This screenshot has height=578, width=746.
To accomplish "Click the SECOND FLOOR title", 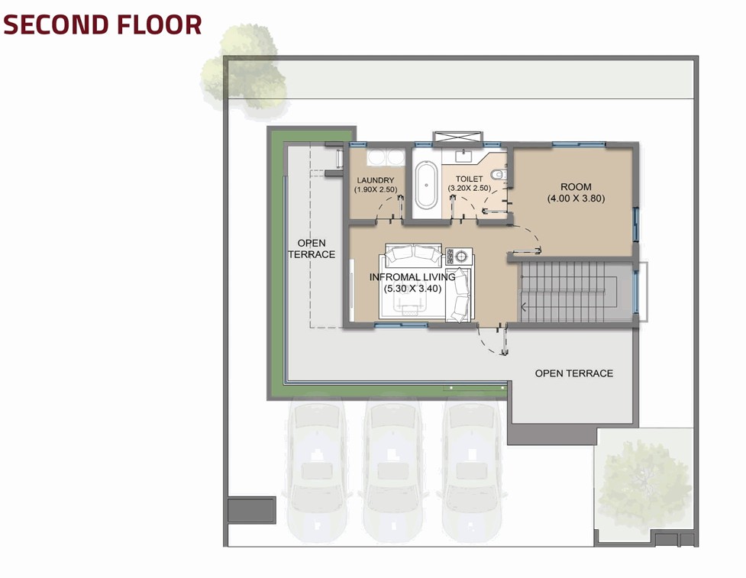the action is [x=102, y=24].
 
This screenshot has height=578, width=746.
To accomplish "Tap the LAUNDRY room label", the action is [x=376, y=180].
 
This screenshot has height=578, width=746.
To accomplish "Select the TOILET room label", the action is [x=469, y=179].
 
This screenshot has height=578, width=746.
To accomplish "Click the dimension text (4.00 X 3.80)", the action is [x=576, y=199].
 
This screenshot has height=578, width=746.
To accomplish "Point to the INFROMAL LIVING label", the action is [x=412, y=277].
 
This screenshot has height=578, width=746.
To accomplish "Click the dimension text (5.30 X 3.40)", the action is [x=412, y=289].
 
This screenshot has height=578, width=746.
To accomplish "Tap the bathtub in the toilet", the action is [x=426, y=186].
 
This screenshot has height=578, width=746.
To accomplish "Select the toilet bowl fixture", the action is [x=499, y=175].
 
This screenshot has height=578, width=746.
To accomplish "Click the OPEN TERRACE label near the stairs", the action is [x=573, y=373].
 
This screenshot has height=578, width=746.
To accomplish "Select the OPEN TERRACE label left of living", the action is [x=312, y=249].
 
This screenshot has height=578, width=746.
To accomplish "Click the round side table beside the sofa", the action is [x=460, y=257].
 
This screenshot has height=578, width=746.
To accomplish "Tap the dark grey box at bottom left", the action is [x=252, y=510].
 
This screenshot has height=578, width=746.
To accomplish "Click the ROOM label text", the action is [x=576, y=187].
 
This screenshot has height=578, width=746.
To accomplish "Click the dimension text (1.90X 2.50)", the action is [x=376, y=189].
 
